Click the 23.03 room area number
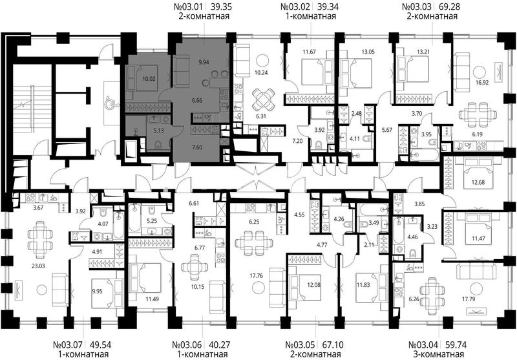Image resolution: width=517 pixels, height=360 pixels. [x=38, y=266]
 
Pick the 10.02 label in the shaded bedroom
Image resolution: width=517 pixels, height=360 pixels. [x=149, y=79]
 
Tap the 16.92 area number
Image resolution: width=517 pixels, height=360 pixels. [x=481, y=83]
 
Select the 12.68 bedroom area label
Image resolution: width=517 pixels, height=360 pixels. [x=478, y=182]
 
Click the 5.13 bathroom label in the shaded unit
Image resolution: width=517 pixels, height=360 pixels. [x=159, y=131]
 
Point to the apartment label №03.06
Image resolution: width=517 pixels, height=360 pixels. [x=187, y=345]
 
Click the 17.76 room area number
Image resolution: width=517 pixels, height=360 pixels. [x=256, y=275]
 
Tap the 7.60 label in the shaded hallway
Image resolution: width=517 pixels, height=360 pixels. [x=197, y=147]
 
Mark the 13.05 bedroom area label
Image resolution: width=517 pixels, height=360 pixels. [x=368, y=52]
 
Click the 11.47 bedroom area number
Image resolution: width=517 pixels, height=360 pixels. [x=478, y=238]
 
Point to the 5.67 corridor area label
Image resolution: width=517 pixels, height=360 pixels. [x=386, y=130]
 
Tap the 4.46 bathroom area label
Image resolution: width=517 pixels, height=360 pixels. [x=412, y=237]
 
